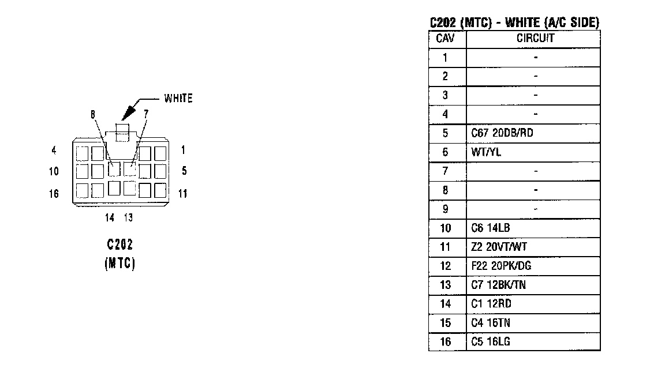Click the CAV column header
[445, 39]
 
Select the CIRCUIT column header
[535, 39]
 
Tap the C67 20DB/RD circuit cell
[502, 133]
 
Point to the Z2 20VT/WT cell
[499, 247]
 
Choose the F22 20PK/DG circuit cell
[501, 266]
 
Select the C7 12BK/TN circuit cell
[499, 285]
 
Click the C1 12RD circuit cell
[491, 304]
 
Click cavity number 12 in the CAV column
[445, 266]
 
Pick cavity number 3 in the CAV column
[445, 95]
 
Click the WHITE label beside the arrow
[178, 98]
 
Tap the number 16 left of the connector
[54, 194]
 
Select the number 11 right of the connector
[182, 194]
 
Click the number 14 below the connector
[110, 217]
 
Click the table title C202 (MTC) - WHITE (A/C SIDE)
[514, 23]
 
